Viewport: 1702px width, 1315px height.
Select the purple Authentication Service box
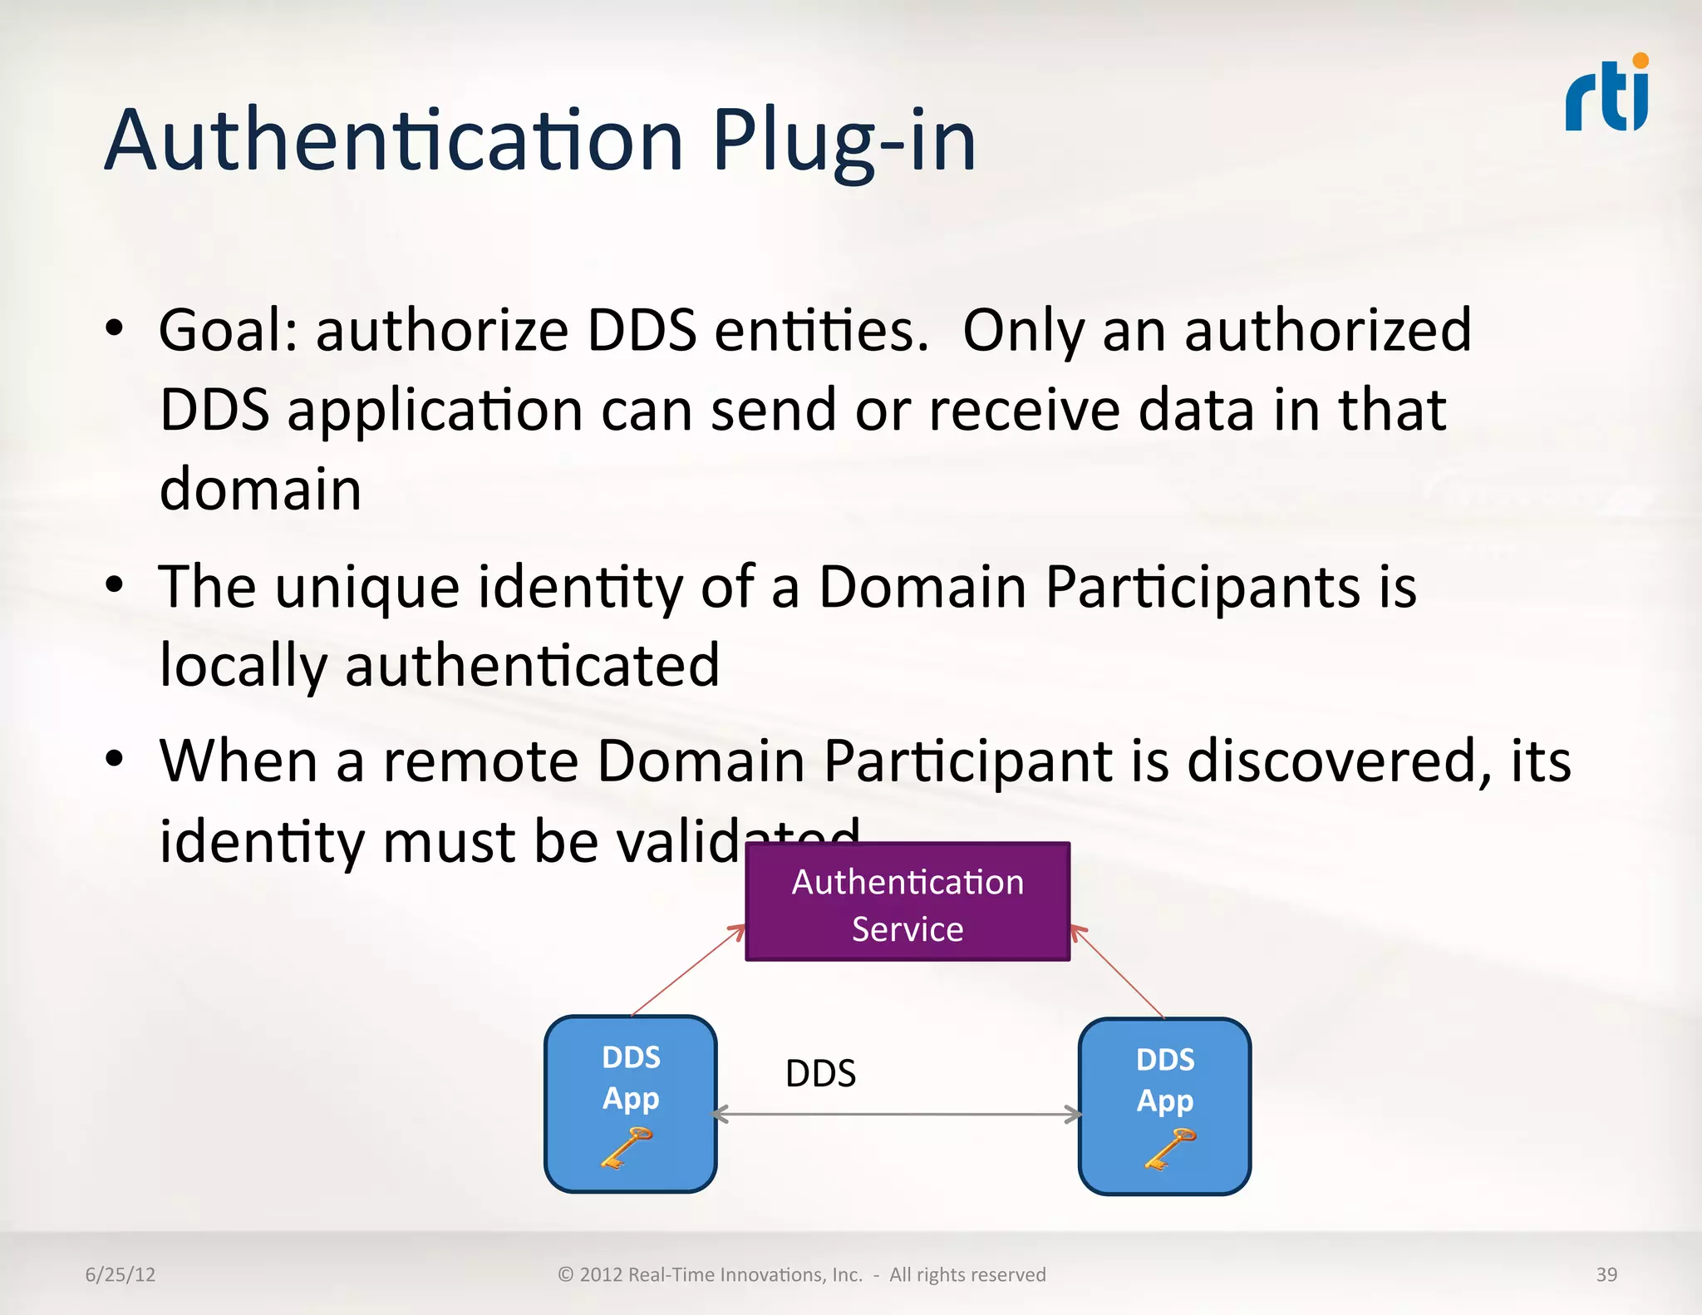[x=908, y=903]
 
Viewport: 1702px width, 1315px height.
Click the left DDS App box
[x=631, y=1103]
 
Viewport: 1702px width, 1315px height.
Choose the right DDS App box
[x=1164, y=1106]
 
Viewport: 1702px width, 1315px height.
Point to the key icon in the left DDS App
[x=626, y=1149]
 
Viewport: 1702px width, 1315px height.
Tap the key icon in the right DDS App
[x=1169, y=1150]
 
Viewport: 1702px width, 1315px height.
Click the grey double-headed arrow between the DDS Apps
[x=898, y=1115]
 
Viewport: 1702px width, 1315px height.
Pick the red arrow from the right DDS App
[x=1118, y=972]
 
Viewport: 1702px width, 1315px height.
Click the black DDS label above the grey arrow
[x=820, y=1073]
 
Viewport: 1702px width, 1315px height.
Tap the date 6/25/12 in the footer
[x=121, y=1274]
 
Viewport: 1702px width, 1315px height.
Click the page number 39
[x=1606, y=1274]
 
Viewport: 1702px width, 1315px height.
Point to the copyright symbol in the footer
[x=566, y=1274]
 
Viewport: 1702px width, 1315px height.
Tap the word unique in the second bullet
[x=366, y=588]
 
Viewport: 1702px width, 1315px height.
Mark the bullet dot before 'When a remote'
[x=115, y=758]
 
